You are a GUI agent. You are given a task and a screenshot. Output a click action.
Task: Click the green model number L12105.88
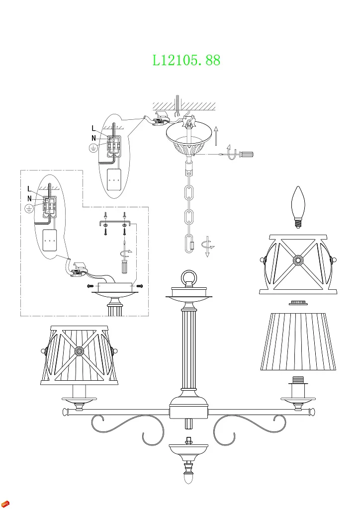coord(186,61)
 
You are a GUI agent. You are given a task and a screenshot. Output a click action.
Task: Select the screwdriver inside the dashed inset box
coord(124,261)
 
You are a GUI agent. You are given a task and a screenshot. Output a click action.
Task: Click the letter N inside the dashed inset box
coord(30,198)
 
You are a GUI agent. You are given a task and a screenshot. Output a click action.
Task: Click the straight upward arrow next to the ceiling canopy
coord(216,136)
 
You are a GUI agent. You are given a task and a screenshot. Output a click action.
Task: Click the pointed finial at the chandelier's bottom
coord(188,478)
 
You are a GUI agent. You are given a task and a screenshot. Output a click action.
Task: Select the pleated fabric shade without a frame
coord(298,341)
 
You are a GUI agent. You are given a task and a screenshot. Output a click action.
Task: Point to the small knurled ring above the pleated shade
coord(298,302)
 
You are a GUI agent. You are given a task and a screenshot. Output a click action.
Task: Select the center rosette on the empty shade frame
coord(298,260)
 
